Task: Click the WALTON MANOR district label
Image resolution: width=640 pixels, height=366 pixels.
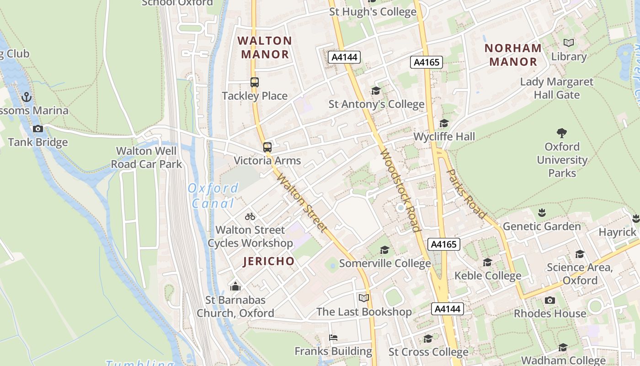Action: [x=265, y=48]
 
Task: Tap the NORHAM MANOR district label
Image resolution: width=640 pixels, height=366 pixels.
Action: [x=513, y=55]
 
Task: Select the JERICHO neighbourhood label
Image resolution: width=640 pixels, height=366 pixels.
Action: [x=269, y=261]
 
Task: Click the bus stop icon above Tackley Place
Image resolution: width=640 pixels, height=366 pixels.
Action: [x=255, y=82]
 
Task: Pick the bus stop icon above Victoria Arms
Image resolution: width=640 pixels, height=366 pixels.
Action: [x=267, y=147]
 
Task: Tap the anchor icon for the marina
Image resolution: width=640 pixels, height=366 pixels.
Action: [x=27, y=97]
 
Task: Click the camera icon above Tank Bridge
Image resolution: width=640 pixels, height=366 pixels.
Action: [x=38, y=129]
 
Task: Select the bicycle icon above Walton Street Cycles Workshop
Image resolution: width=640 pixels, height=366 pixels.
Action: [x=250, y=216]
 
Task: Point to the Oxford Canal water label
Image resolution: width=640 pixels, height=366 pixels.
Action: [x=213, y=195]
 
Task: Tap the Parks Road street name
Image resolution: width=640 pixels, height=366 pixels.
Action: [x=466, y=194]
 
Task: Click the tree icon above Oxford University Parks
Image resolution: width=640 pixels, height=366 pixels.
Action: [x=562, y=133]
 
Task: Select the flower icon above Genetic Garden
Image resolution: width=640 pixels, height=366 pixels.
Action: [x=542, y=213]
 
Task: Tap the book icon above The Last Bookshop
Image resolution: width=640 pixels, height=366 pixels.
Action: [x=364, y=298]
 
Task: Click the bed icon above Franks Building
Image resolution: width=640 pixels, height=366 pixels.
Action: [x=333, y=338]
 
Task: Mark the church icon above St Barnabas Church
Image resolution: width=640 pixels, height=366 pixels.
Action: [x=235, y=286]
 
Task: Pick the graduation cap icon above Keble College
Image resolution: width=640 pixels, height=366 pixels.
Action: [x=487, y=262]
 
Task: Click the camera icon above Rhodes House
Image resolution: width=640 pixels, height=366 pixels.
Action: [x=550, y=300]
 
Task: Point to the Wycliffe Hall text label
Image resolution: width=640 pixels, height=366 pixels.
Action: [x=444, y=136]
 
